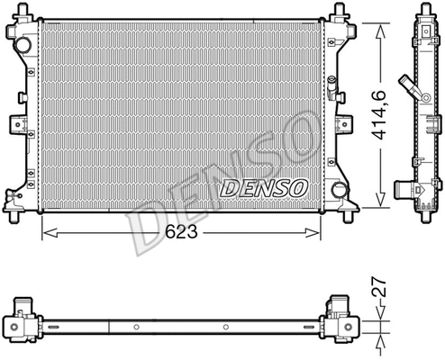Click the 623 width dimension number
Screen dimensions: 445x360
pyautogui.click(x=182, y=231)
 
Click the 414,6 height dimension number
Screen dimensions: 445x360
pyautogui.click(x=380, y=115)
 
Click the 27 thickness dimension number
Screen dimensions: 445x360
pyautogui.click(x=379, y=287)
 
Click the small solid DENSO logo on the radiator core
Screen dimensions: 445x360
pyautogui.click(x=264, y=188)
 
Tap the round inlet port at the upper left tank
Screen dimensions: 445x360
pyautogui.click(x=23, y=45)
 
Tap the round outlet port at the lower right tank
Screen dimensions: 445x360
pyautogui.click(x=340, y=190)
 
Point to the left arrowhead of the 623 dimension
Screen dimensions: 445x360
pyautogui.click(x=50, y=233)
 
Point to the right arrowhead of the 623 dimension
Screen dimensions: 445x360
pyautogui.click(x=313, y=233)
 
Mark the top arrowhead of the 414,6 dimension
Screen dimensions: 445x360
pyautogui.click(x=380, y=31)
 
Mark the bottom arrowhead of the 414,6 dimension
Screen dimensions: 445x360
pyautogui.click(x=380, y=199)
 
